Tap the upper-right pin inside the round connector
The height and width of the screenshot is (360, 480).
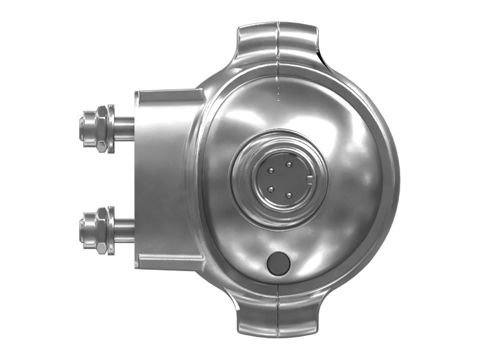click(289, 164)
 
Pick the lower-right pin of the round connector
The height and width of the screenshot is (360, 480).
click(289, 194)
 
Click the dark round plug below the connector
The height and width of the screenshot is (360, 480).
click(278, 263)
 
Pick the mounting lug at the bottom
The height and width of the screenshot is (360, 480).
click(278, 315)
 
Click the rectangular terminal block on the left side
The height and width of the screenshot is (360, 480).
click(165, 179)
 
